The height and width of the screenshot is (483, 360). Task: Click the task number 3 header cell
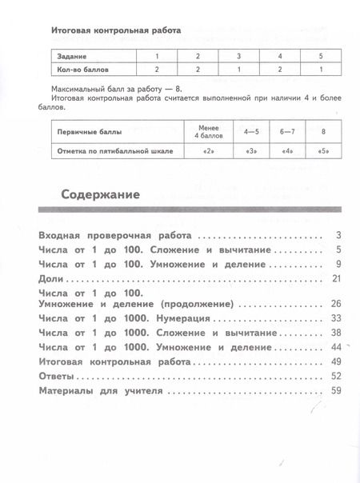point(238,56)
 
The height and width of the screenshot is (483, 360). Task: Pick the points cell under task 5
point(322,70)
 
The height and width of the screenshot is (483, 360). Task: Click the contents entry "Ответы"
point(56,376)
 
